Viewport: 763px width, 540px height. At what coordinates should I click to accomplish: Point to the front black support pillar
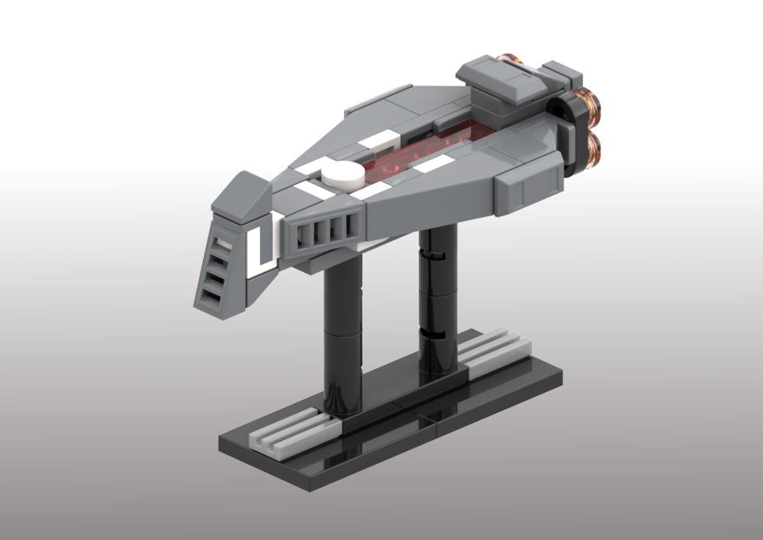tap(343, 336)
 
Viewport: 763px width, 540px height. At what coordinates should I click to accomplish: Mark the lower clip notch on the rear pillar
tap(431, 334)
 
